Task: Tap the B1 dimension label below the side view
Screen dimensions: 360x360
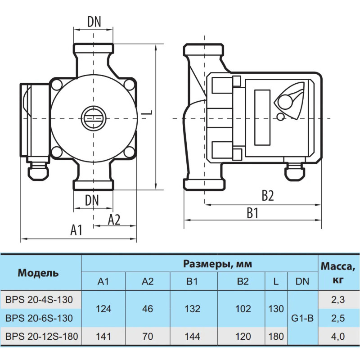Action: [x=253, y=213]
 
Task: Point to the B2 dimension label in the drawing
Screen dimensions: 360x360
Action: [x=268, y=196]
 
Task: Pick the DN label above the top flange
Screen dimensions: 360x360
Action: [x=94, y=21]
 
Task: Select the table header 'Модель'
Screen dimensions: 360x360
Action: [x=38, y=273]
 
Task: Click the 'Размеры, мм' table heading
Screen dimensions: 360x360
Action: [x=217, y=263]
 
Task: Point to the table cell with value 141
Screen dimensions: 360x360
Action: [x=103, y=336]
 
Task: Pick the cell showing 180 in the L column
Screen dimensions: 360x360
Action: [x=276, y=336]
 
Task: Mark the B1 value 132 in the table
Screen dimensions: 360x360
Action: [x=193, y=309]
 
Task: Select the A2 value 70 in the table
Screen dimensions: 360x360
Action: [x=147, y=336]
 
